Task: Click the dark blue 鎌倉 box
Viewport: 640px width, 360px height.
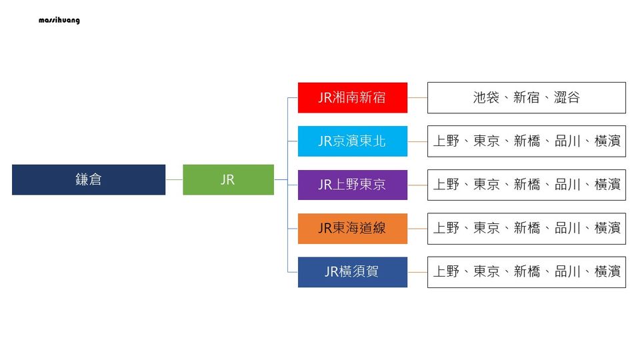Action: [x=89, y=180]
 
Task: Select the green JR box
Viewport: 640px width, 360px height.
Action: [x=228, y=180]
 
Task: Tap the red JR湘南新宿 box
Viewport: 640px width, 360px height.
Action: [x=352, y=97]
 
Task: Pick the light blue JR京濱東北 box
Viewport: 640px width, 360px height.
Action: [x=352, y=141]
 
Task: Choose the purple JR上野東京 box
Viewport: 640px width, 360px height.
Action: [x=352, y=185]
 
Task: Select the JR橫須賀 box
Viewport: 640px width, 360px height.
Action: [x=352, y=272]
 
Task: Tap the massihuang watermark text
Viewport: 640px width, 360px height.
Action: [x=59, y=20]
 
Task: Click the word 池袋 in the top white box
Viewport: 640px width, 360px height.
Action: [x=486, y=97]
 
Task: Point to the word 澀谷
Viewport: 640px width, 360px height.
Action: [x=567, y=97]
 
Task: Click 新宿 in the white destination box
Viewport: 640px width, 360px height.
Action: [x=527, y=97]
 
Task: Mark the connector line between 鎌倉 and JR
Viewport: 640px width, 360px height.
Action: [x=174, y=180]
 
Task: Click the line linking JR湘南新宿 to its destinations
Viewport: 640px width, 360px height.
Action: [x=417, y=97]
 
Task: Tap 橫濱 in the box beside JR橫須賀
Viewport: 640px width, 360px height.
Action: [x=607, y=272]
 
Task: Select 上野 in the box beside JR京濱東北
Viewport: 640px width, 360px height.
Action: [x=446, y=141]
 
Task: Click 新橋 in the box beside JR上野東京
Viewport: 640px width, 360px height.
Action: [x=527, y=185]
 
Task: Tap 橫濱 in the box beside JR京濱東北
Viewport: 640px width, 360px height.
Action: [x=607, y=141]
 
